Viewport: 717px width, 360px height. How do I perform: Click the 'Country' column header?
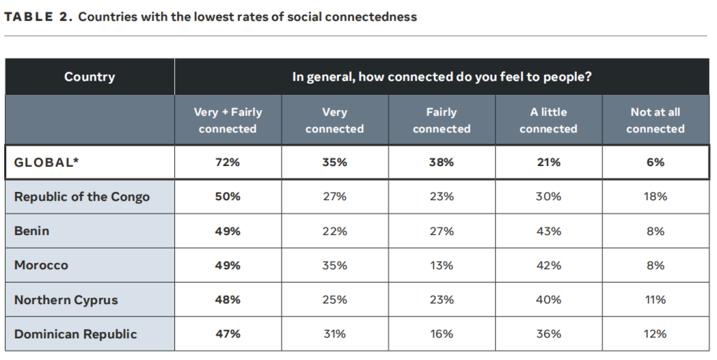click(x=90, y=77)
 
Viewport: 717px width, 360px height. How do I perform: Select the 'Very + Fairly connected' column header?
click(x=228, y=120)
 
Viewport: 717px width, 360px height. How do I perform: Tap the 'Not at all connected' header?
click(x=655, y=120)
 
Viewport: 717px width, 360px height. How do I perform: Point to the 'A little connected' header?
click(x=548, y=120)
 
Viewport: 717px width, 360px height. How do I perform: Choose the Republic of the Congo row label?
click(x=82, y=197)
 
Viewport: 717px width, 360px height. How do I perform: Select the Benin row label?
click(x=32, y=231)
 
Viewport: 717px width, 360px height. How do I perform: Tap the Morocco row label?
click(x=41, y=265)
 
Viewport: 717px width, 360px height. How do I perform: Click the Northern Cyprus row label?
click(x=66, y=300)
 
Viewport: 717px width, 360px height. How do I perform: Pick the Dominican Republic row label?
click(x=75, y=334)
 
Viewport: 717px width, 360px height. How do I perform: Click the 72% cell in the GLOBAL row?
click(x=228, y=162)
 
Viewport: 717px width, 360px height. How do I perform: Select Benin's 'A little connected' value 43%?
click(x=548, y=231)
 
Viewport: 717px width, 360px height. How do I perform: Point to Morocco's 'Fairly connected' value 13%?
click(x=441, y=265)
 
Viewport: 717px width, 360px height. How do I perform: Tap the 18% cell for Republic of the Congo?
click(x=655, y=197)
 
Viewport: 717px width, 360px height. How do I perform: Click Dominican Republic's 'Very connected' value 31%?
click(x=335, y=334)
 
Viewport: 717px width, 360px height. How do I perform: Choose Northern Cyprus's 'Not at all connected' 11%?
click(x=655, y=300)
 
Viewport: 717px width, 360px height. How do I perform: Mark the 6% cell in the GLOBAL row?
click(x=655, y=162)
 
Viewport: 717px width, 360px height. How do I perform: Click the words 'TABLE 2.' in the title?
click(x=38, y=17)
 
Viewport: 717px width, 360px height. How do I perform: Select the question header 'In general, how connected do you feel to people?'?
click(x=442, y=77)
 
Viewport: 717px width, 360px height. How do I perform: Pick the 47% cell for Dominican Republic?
click(x=228, y=334)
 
